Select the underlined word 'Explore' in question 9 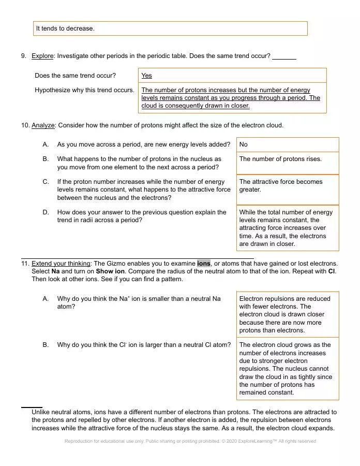(x=42, y=56)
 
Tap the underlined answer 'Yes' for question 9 (x=146, y=76)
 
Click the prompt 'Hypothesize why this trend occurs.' (x=84, y=90)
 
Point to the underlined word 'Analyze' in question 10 (x=43, y=125)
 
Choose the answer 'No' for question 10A (x=244, y=144)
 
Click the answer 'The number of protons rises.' (x=280, y=159)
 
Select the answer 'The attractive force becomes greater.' (x=280, y=185)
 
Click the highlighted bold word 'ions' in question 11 (x=204, y=264)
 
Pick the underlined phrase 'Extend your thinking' (x=61, y=264)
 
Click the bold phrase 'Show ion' (x=109, y=271)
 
